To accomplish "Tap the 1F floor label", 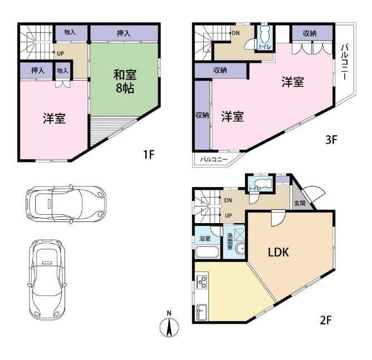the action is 149,155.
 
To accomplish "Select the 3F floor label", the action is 331,140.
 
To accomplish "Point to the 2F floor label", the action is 325,320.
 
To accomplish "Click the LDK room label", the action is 278,252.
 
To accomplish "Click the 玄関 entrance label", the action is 300,203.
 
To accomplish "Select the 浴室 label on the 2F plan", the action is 205,238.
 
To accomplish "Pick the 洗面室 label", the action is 229,241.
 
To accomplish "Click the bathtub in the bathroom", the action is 207,253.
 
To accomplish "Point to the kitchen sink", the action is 202,312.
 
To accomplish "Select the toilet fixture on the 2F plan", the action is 262,183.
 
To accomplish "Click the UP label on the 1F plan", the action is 60,53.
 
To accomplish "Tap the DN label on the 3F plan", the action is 236,33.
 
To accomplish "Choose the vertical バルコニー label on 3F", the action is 345,62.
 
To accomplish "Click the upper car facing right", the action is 66,204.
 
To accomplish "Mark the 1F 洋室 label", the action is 55,119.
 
